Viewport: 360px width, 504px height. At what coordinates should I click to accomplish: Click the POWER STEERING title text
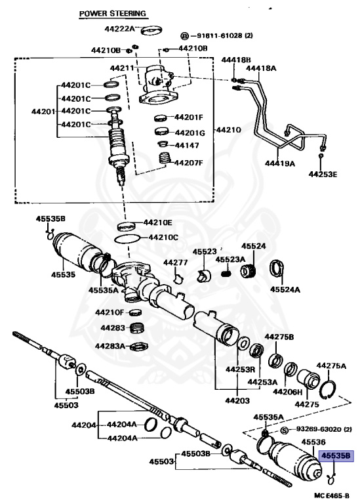point(112,13)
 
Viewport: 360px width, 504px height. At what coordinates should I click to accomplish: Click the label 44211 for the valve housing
point(123,68)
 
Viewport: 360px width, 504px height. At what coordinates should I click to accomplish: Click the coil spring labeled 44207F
point(165,159)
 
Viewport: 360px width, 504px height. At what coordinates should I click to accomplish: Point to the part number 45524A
point(285,289)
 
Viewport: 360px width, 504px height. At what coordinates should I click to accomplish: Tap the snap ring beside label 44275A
point(332,388)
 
